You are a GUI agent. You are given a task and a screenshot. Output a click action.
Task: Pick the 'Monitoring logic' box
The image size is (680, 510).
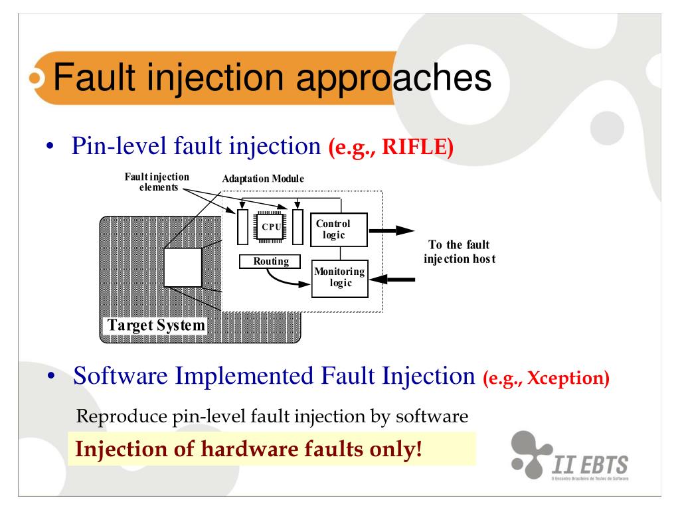pos(339,277)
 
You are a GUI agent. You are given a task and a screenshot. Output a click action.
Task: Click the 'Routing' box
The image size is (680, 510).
pos(270,262)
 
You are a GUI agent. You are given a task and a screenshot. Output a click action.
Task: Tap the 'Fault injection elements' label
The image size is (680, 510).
pos(157,181)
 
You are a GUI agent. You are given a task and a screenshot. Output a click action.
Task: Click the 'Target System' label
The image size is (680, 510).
pos(153,326)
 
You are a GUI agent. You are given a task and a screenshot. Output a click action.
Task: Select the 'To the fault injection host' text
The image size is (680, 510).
pos(459,251)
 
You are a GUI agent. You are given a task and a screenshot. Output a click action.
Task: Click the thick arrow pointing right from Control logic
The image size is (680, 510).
pos(391,230)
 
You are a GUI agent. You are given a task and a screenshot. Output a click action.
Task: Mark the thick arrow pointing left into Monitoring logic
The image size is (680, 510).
pos(394,280)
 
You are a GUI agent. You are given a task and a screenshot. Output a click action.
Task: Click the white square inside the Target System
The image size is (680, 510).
pos(182,268)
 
